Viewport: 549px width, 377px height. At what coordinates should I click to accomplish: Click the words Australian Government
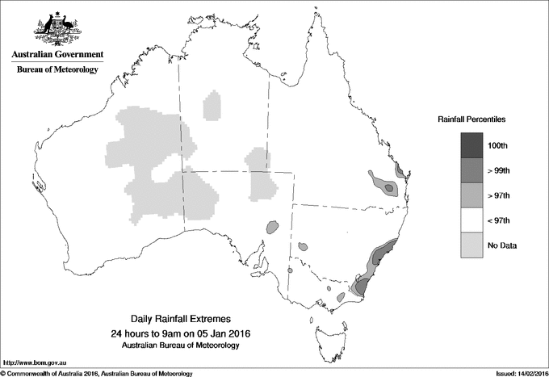coord(57,55)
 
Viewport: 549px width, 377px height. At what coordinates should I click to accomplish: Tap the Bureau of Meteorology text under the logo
coord(57,70)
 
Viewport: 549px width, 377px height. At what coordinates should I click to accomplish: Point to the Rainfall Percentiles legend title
coord(471,119)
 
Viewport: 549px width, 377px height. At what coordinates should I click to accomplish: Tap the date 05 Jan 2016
coord(215,333)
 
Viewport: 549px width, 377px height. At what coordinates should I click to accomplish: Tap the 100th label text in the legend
coord(498,145)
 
